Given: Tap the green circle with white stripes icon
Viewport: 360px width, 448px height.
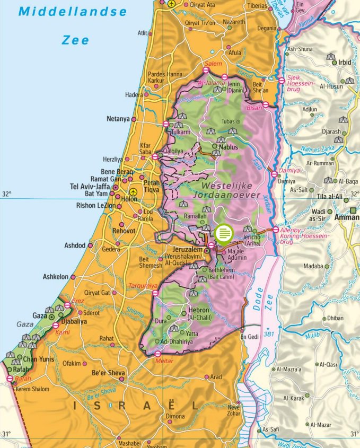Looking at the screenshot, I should tap(224, 232).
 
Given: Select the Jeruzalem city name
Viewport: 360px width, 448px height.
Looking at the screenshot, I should tap(188, 249).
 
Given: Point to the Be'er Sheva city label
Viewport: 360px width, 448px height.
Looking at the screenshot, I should tap(108, 373).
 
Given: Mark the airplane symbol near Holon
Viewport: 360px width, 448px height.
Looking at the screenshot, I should tap(133, 191).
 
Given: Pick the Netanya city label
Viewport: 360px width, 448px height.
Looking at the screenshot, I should tap(118, 119).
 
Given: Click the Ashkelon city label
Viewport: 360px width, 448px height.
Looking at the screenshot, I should tap(56, 277).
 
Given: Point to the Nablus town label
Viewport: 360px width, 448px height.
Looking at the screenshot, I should tap(228, 146).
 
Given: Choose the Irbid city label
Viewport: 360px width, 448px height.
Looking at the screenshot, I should tap(345, 62).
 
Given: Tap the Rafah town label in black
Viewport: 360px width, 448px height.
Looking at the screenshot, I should tap(22, 370).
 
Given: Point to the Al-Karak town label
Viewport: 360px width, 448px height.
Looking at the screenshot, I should tap(293, 398).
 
